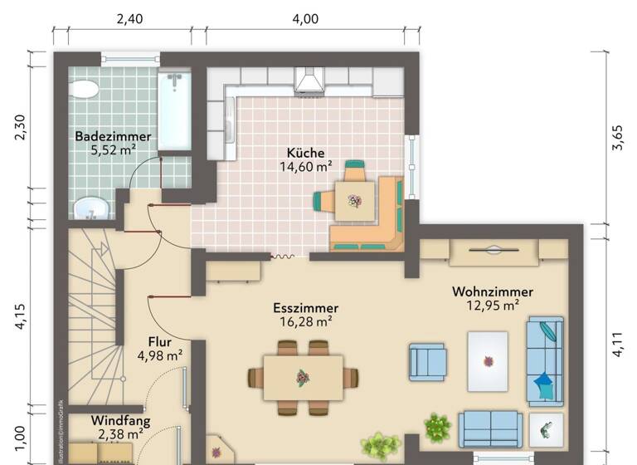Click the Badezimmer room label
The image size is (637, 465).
click(113, 136)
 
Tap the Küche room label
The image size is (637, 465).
click(305, 153)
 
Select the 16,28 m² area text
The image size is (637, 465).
click(305, 322)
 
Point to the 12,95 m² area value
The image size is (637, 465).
click(492, 306)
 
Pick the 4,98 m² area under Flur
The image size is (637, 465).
click(159, 355)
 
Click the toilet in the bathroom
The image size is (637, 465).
click(83, 89)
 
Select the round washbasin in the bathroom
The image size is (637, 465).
click(90, 208)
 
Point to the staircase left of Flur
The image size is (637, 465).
click(91, 316)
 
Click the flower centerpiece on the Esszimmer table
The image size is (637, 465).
click(304, 379)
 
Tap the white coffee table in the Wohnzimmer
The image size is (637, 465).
click(488, 360)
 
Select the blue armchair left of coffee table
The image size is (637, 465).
click(427, 362)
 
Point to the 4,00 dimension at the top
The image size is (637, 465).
click(306, 18)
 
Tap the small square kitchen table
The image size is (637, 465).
click(354, 200)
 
